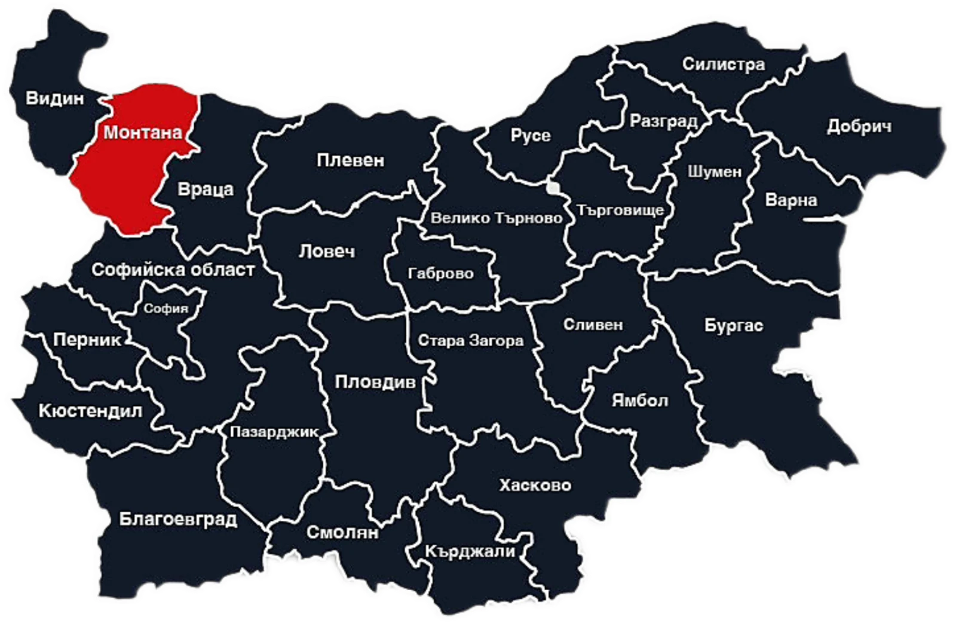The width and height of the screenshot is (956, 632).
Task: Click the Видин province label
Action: pos(55,98)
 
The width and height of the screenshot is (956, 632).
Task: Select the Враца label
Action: pos(206,190)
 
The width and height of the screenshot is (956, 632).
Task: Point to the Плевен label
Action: pos(351,160)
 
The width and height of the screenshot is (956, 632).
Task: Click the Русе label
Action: pos(531,136)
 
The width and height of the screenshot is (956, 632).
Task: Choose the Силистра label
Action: pos(724,64)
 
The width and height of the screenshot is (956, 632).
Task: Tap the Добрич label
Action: pos(859,126)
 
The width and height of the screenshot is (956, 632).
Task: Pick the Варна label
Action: pos(791,200)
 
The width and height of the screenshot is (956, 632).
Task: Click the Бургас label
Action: pos(733,326)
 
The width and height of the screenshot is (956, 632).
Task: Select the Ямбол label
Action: pos(640,400)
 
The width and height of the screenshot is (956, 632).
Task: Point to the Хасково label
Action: pos(535,485)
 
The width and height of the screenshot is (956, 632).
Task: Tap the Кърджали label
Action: pos(470,551)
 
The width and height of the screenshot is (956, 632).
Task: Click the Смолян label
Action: pos(342,532)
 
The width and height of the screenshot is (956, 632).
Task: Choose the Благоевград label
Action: pos(178,519)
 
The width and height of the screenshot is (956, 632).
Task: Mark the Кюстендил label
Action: pos(90,411)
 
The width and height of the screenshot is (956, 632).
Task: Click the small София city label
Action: pos(166,309)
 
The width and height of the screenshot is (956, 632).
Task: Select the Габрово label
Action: pos(441,274)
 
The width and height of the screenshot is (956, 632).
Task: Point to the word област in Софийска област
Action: pos(223,270)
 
